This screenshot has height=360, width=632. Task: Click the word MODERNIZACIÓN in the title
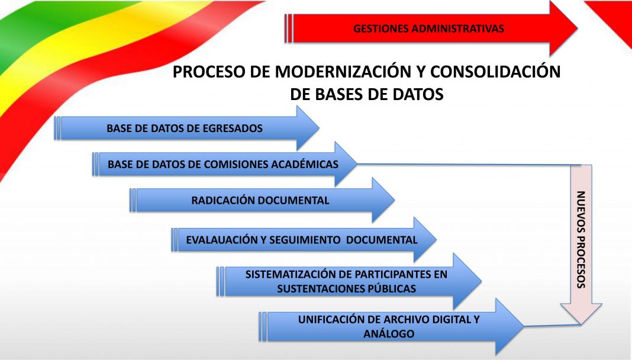click(342, 72)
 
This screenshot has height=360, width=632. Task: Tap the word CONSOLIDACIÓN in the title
click(495, 72)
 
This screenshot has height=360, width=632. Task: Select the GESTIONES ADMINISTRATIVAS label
click(428, 28)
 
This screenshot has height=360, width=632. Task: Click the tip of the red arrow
click(578, 28)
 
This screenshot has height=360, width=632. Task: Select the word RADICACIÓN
click(223, 200)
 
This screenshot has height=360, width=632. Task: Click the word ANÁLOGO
click(389, 334)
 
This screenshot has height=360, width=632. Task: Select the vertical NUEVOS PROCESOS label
click(581, 239)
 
